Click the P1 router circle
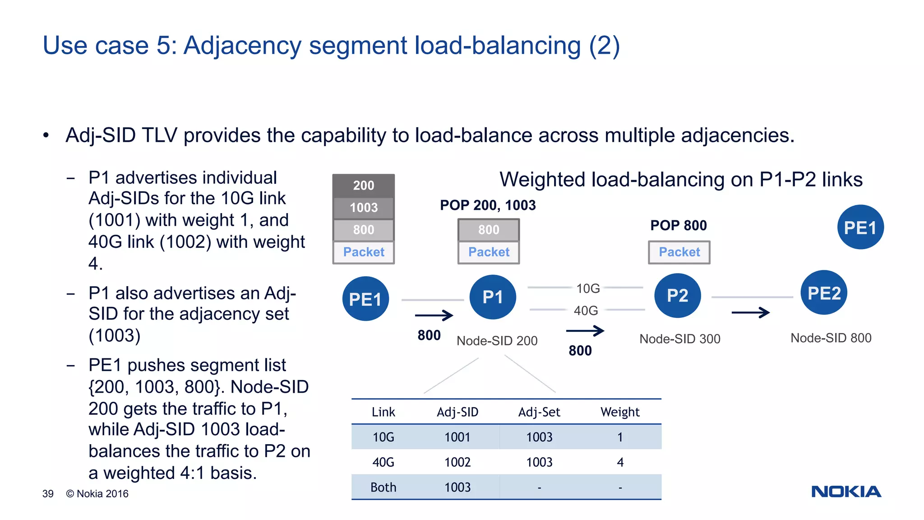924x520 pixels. [493, 297]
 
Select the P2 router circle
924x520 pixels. [677, 296]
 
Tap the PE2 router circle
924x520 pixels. [824, 293]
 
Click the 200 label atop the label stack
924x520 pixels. [364, 186]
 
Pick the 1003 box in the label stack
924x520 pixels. [364, 208]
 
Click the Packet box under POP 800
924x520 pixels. [679, 252]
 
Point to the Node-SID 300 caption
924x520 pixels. [679, 339]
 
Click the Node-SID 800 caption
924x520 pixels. [831, 338]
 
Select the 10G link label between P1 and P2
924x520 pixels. [588, 288]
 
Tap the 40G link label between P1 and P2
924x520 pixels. [586, 311]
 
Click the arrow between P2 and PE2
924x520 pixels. [750, 312]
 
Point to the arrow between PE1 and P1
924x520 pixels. [434, 315]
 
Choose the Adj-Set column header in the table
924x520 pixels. [539, 412]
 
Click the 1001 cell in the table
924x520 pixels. [457, 437]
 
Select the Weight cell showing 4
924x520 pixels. [620, 462]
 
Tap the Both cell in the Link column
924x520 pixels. [383, 487]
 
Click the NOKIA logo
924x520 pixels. [846, 492]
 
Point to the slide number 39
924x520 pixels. [48, 494]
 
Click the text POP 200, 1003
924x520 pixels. [488, 205]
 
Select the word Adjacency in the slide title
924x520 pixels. [243, 46]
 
